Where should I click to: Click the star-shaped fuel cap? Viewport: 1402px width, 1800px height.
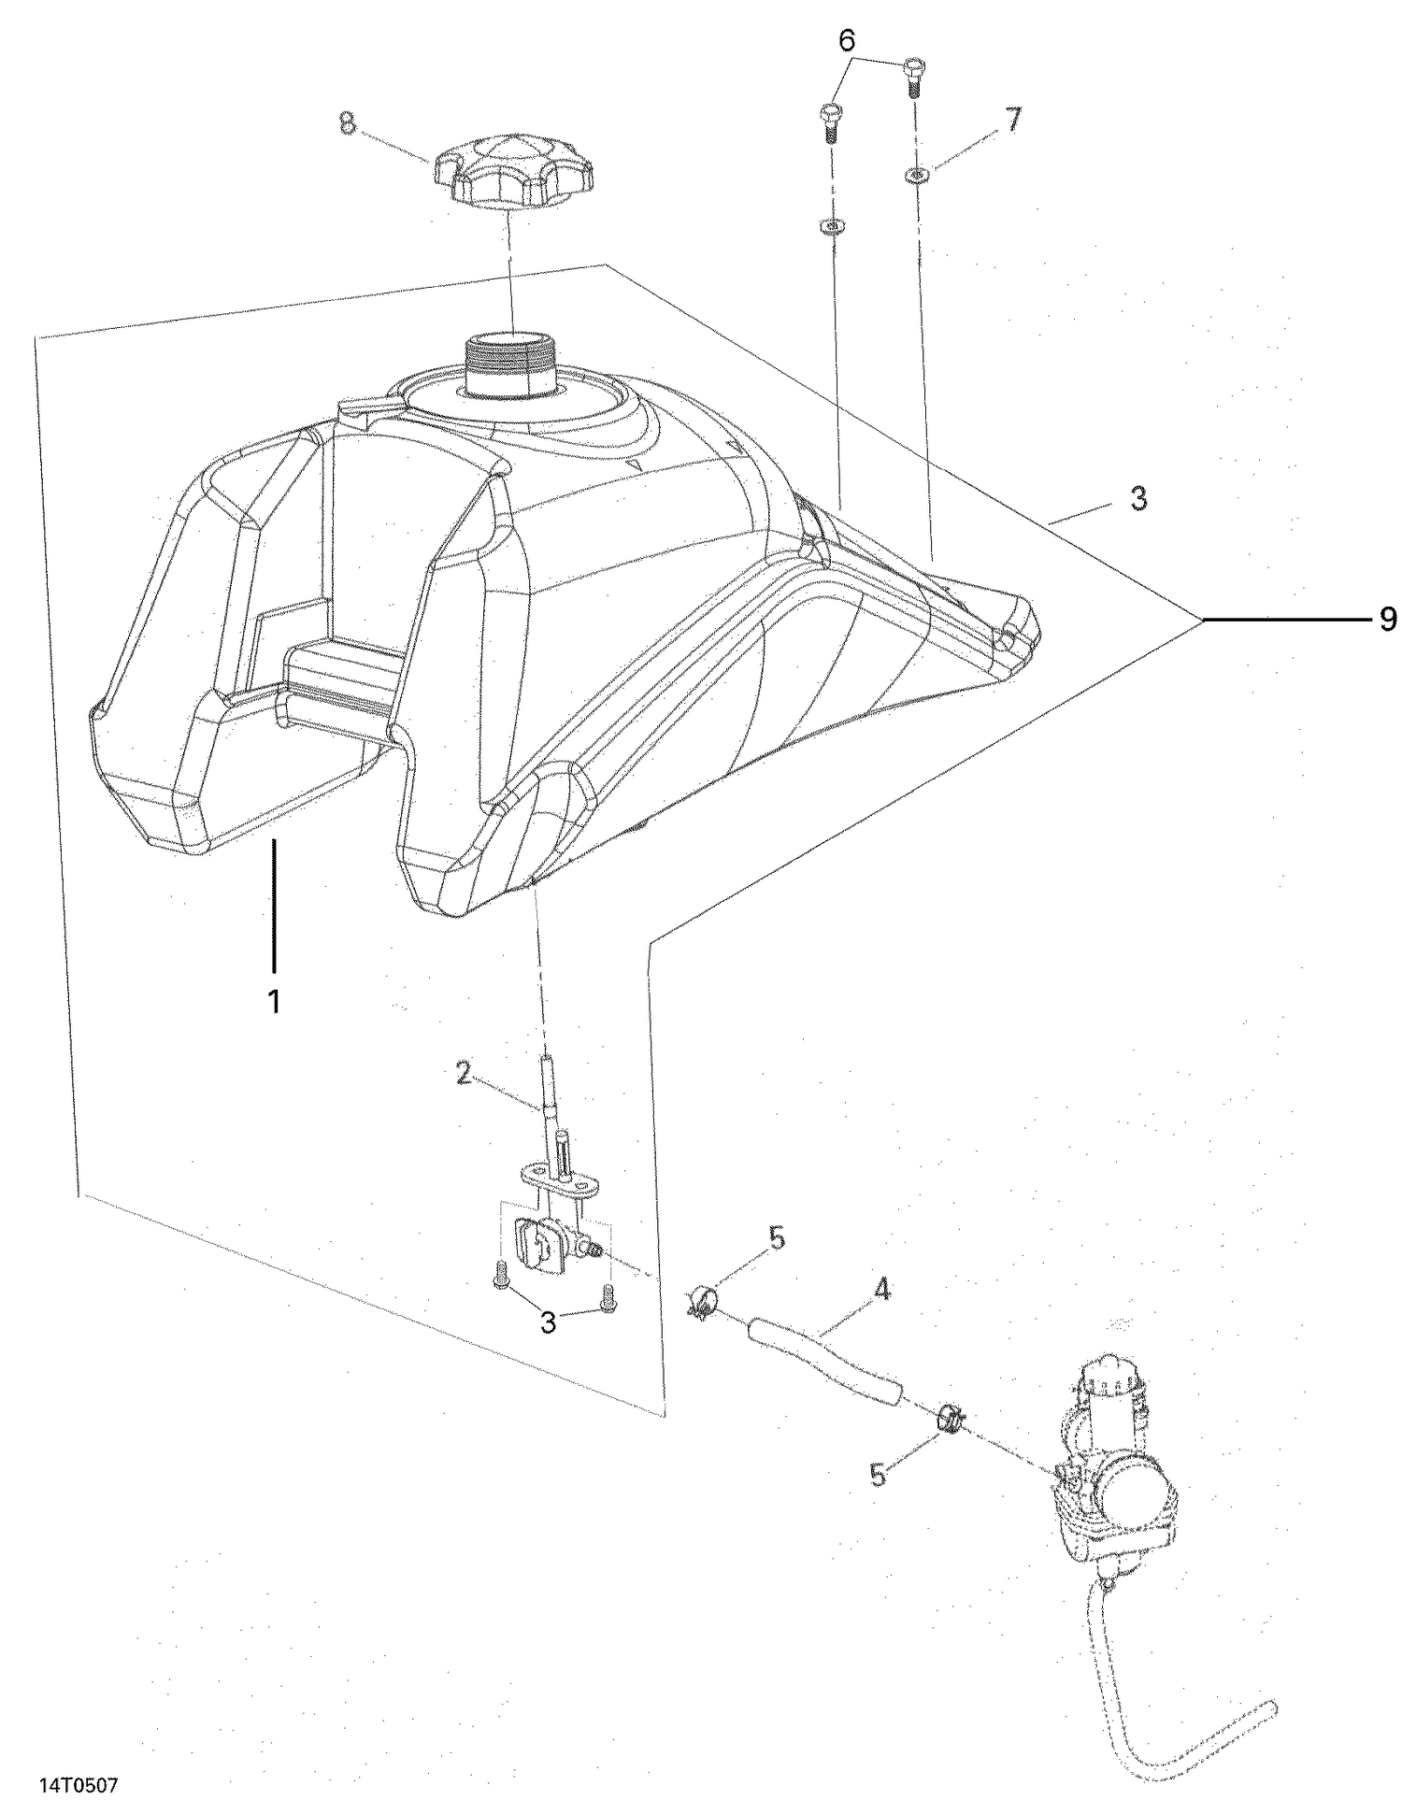coord(513,173)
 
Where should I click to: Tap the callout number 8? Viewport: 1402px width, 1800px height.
coord(348,123)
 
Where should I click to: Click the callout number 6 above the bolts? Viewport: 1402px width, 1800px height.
coord(847,41)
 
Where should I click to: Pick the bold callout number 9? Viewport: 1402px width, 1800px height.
coord(1387,619)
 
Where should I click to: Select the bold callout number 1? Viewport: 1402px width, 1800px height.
coord(274,1002)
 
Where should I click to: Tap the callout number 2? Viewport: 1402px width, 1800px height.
coord(463,1074)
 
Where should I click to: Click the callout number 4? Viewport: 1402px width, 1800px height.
coord(880,1290)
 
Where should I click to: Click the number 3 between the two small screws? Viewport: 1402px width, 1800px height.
coord(549,1322)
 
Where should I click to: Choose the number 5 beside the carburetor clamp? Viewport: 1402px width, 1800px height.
coord(878,1474)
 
